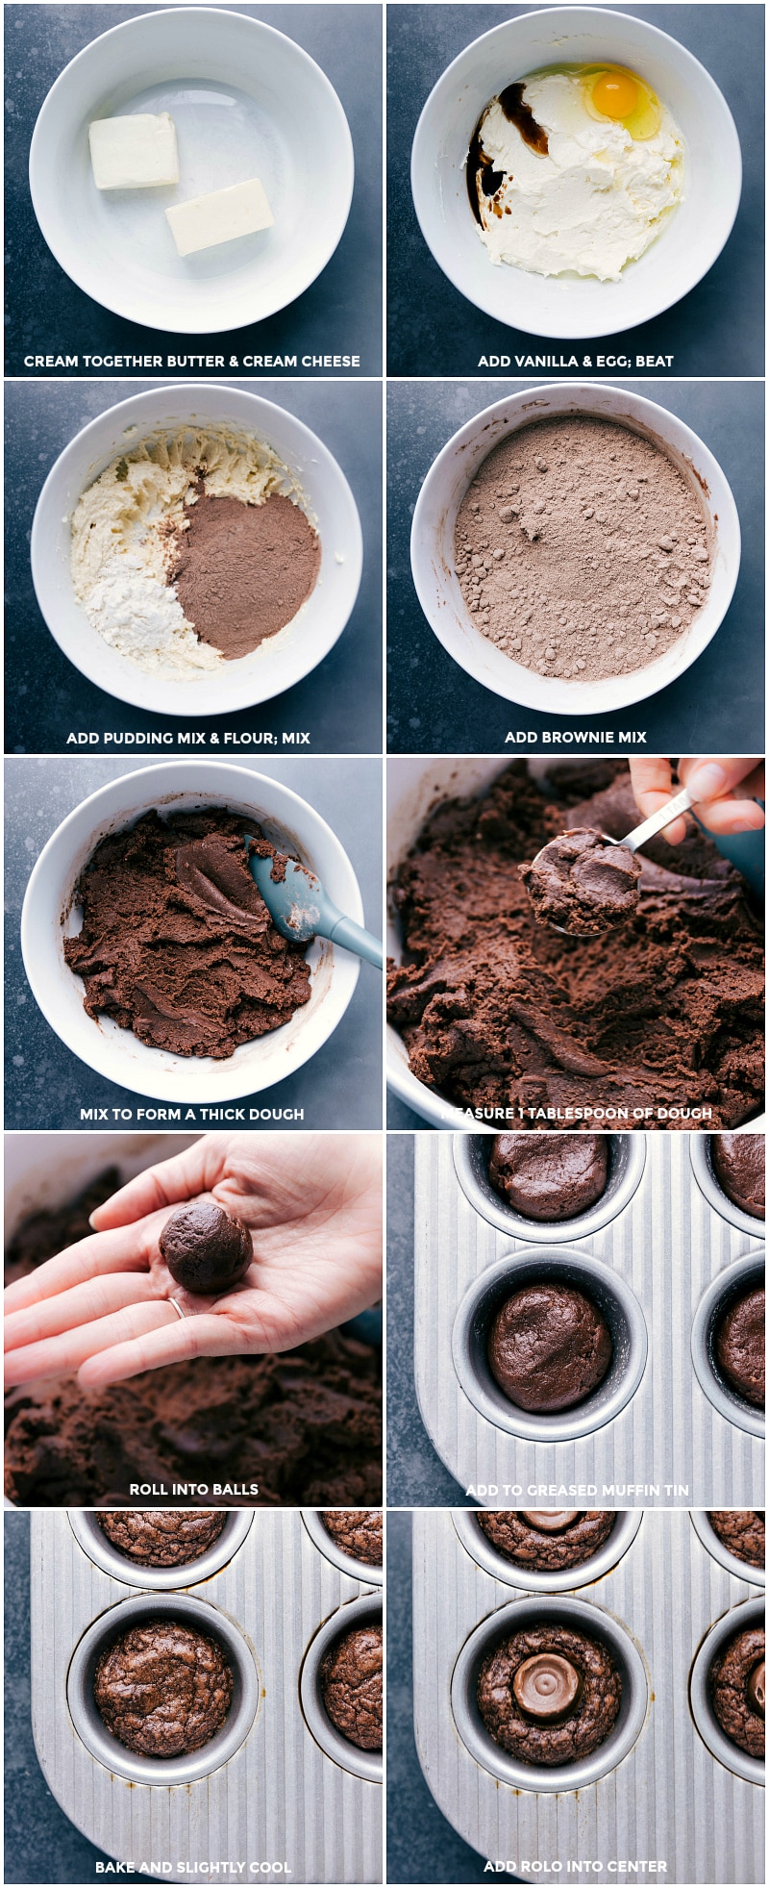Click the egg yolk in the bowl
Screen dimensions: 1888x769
tap(615, 94)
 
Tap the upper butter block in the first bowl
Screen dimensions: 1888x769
tap(134, 150)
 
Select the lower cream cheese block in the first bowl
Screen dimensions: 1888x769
tap(219, 216)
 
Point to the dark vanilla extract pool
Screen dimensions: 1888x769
tap(522, 116)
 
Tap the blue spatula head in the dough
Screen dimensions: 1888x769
tap(289, 900)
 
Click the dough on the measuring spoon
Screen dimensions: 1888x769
tap(583, 879)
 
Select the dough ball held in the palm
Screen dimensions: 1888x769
tap(206, 1246)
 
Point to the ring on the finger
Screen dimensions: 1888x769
tap(177, 1307)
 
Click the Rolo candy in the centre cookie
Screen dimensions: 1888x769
tap(545, 1685)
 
